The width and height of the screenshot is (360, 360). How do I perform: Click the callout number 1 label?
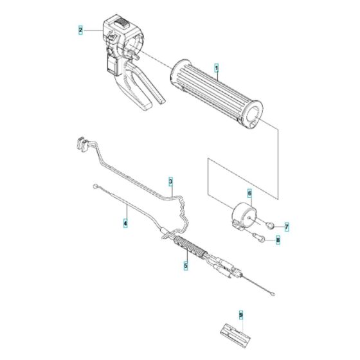pyautogui.click(x=217, y=67)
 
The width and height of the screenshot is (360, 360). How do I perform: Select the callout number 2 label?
pyautogui.click(x=80, y=30)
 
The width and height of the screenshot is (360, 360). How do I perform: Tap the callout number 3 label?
pyautogui.click(x=171, y=182)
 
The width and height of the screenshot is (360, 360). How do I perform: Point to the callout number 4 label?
pyautogui.click(x=126, y=224)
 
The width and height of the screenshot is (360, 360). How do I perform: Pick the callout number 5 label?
pyautogui.click(x=185, y=264)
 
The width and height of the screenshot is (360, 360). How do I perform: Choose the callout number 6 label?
pyautogui.click(x=249, y=192)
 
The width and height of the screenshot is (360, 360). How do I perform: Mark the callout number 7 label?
pyautogui.click(x=287, y=227)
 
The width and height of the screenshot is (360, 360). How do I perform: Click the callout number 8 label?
pyautogui.click(x=278, y=240)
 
